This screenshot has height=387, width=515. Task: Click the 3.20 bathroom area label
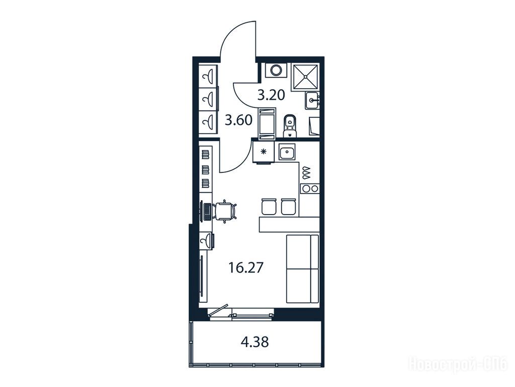271,95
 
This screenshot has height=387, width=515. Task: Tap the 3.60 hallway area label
239,120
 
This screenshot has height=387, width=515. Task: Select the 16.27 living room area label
246,268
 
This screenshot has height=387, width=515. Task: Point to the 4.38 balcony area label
255,342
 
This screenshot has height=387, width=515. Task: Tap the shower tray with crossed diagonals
306,77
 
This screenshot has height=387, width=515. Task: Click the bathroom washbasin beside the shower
312,100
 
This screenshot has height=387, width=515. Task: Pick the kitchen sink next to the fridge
287,152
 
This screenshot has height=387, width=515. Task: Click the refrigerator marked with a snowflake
263,152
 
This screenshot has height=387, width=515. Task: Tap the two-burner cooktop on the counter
310,188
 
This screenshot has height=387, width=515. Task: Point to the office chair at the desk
225,211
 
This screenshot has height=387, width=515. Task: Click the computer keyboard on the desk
207,211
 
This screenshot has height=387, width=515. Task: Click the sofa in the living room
302,269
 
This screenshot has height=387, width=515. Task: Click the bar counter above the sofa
289,224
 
